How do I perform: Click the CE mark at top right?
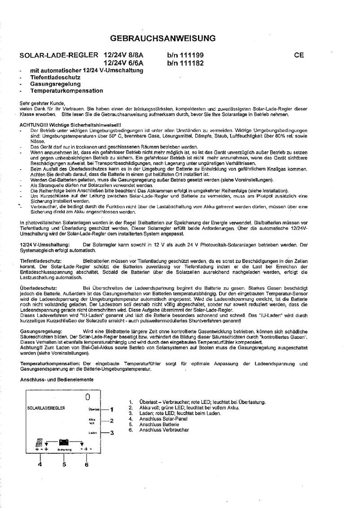pos(299,56)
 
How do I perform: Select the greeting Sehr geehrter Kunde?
pos(43,104)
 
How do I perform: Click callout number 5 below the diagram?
pos(64,464)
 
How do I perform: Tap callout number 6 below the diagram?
pos(86,464)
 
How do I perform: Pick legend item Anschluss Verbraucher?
pos(164,430)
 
